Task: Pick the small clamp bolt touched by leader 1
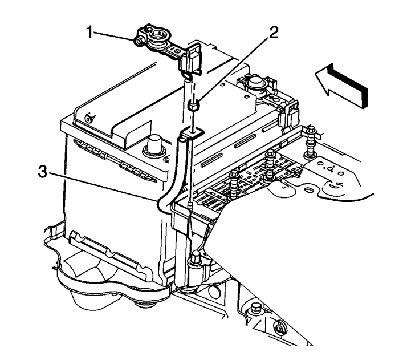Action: pyautogui.click(x=139, y=41)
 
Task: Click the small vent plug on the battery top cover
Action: pyautogui.click(x=88, y=119)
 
